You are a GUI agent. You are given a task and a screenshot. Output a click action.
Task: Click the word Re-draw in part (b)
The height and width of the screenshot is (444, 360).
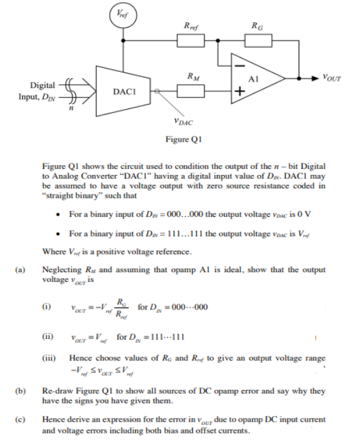point(56,390)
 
